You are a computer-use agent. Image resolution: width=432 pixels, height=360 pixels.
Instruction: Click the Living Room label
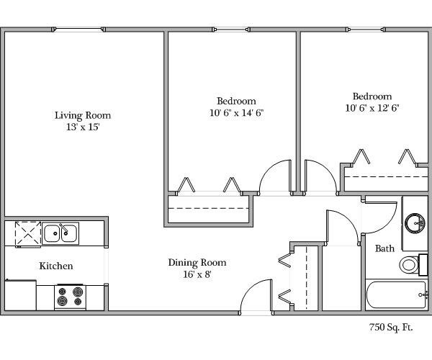[x=84, y=115]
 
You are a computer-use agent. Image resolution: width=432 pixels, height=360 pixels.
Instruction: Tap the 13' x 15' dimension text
[x=84, y=127]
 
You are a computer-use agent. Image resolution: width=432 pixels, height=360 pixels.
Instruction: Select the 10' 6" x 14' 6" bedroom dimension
[x=236, y=112]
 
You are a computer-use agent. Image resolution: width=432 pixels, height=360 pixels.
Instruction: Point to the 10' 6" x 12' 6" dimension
[x=372, y=108]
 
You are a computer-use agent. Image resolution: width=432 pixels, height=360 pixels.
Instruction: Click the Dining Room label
[x=197, y=262]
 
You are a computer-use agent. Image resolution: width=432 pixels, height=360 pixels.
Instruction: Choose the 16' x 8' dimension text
[x=197, y=274]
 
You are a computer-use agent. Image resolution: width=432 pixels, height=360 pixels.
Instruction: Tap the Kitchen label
[x=55, y=266]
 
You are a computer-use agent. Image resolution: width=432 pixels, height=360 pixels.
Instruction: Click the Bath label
[x=384, y=248]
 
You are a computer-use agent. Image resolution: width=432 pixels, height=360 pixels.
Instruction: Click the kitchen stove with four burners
[x=70, y=296]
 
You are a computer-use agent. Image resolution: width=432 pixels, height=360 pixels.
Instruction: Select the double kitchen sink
[x=60, y=233]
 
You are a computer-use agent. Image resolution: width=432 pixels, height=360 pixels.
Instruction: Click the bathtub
[x=395, y=295]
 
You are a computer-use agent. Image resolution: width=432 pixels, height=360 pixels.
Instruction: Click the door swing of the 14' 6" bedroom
[x=275, y=178]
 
